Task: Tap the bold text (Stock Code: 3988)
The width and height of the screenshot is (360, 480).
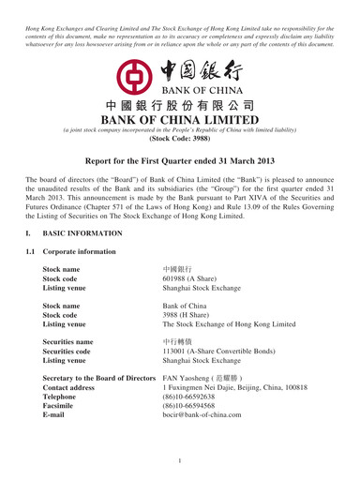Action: click(x=180, y=135)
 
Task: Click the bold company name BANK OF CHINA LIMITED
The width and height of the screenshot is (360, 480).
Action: click(x=180, y=120)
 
